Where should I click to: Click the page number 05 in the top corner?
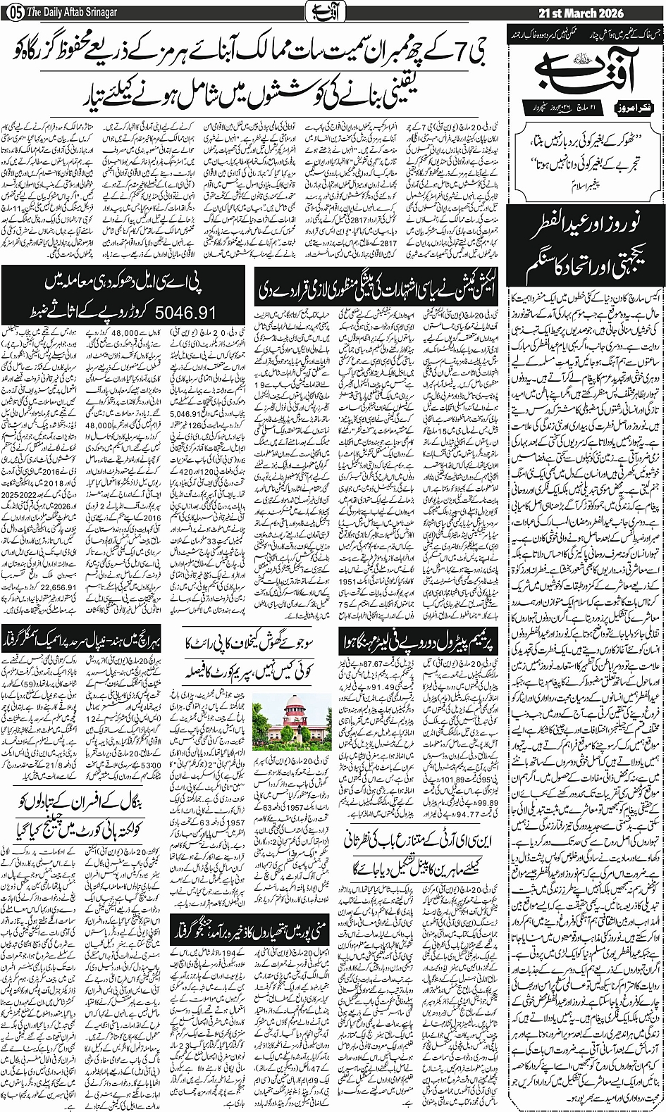point(12,12)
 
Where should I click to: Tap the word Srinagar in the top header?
point(101,12)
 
